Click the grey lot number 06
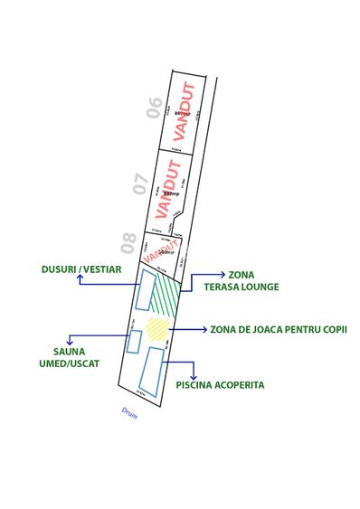pos(155,108)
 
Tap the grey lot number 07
pos(140,184)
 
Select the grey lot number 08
pos(128,242)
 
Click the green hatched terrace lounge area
pos(166,291)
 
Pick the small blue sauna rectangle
pos(135,342)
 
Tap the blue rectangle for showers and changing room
pos(144,289)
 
